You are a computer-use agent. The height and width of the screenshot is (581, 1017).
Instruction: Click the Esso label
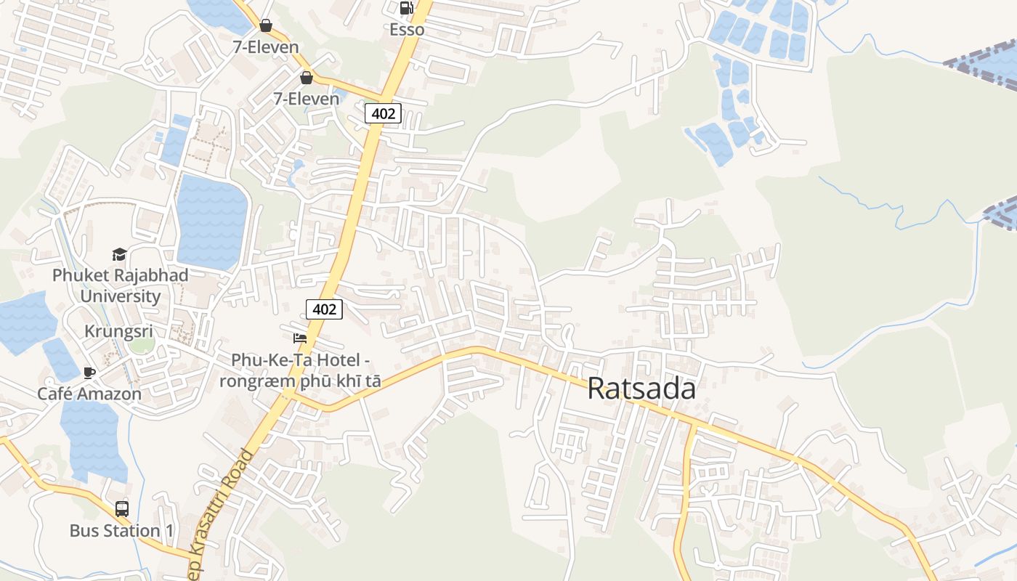pos(407,30)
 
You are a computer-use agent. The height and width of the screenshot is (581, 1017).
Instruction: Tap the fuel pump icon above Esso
pos(407,8)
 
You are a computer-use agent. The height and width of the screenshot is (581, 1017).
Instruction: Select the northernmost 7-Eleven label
pos(266,47)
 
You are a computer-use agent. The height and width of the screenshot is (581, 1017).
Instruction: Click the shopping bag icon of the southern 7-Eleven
pos(307,78)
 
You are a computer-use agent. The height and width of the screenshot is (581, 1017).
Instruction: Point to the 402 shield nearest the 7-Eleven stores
pos(383,113)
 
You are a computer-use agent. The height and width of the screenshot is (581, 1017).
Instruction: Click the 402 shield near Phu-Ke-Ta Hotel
pos(324,309)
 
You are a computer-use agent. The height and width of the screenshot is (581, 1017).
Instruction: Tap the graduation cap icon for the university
pos(119,254)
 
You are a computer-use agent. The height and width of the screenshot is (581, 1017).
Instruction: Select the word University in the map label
pos(121,296)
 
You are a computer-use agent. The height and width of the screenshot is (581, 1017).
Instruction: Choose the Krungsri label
pos(119,331)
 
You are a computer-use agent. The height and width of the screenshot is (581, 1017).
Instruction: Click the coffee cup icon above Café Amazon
pos(89,373)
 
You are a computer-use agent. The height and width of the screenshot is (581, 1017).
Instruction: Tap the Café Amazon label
pos(90,394)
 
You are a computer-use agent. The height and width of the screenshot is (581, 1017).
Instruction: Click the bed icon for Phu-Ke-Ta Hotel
pos(299,338)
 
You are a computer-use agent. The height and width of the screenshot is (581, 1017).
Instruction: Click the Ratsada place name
pos(641,389)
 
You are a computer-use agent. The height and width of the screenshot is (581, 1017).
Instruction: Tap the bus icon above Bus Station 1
pos(122,508)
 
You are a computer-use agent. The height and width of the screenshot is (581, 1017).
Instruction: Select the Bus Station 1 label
pos(122,531)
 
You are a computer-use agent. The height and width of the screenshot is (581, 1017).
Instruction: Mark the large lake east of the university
pos(211,221)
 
